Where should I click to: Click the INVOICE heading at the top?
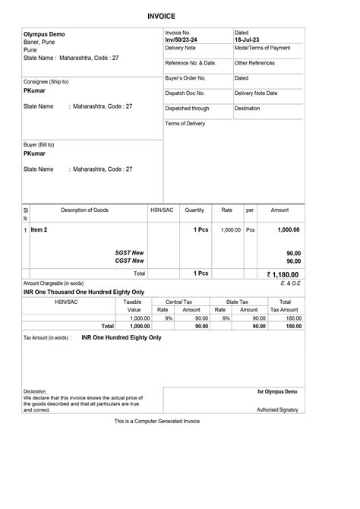point(161,16)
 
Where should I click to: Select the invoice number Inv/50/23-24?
point(182,40)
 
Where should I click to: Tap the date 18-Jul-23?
point(247,40)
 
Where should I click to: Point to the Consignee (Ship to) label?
point(46,81)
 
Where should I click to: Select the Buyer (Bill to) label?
point(39,144)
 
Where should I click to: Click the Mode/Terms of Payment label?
point(262,48)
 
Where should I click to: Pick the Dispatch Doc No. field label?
point(186,93)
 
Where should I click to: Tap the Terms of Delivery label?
point(185,123)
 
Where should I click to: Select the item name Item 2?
point(39,229)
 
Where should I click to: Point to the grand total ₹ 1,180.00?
point(283,274)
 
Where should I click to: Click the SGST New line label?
point(129,252)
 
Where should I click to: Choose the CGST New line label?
point(129,261)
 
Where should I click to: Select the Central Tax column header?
point(179,302)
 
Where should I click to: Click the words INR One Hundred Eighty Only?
point(122,337)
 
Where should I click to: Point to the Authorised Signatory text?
point(277,409)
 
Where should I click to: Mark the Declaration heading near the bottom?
point(35,392)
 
